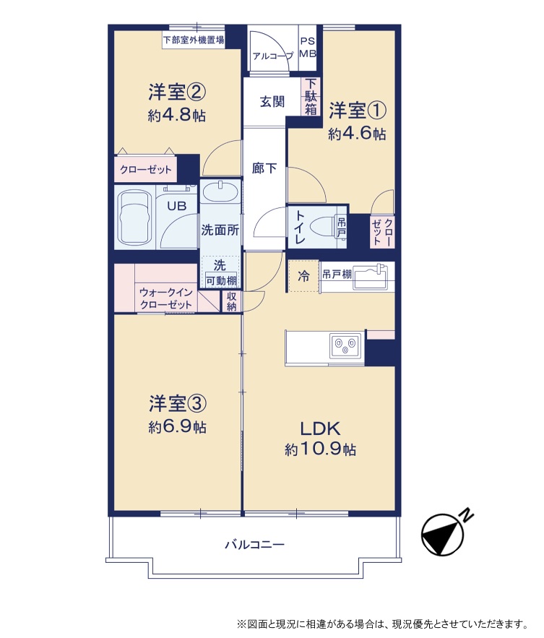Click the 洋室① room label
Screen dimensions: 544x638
(x=357, y=111)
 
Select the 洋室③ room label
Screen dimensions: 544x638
(x=178, y=403)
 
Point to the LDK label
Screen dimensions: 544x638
(x=320, y=428)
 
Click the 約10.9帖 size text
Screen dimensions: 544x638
(x=320, y=449)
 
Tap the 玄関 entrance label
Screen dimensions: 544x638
(x=272, y=101)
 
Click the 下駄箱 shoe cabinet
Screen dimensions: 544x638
(x=311, y=96)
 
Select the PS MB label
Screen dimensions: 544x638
(x=308, y=48)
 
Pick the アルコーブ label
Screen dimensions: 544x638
(x=273, y=56)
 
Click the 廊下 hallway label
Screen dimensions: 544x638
(x=264, y=168)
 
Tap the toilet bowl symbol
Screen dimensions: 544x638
(x=323, y=226)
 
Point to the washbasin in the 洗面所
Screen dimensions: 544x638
(x=220, y=191)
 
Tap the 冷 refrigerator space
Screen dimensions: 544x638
(x=303, y=277)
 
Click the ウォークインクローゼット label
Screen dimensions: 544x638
(x=166, y=298)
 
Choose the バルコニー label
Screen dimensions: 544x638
(x=255, y=544)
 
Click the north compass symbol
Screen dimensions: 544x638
(x=444, y=534)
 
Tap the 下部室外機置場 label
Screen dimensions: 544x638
(x=194, y=40)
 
